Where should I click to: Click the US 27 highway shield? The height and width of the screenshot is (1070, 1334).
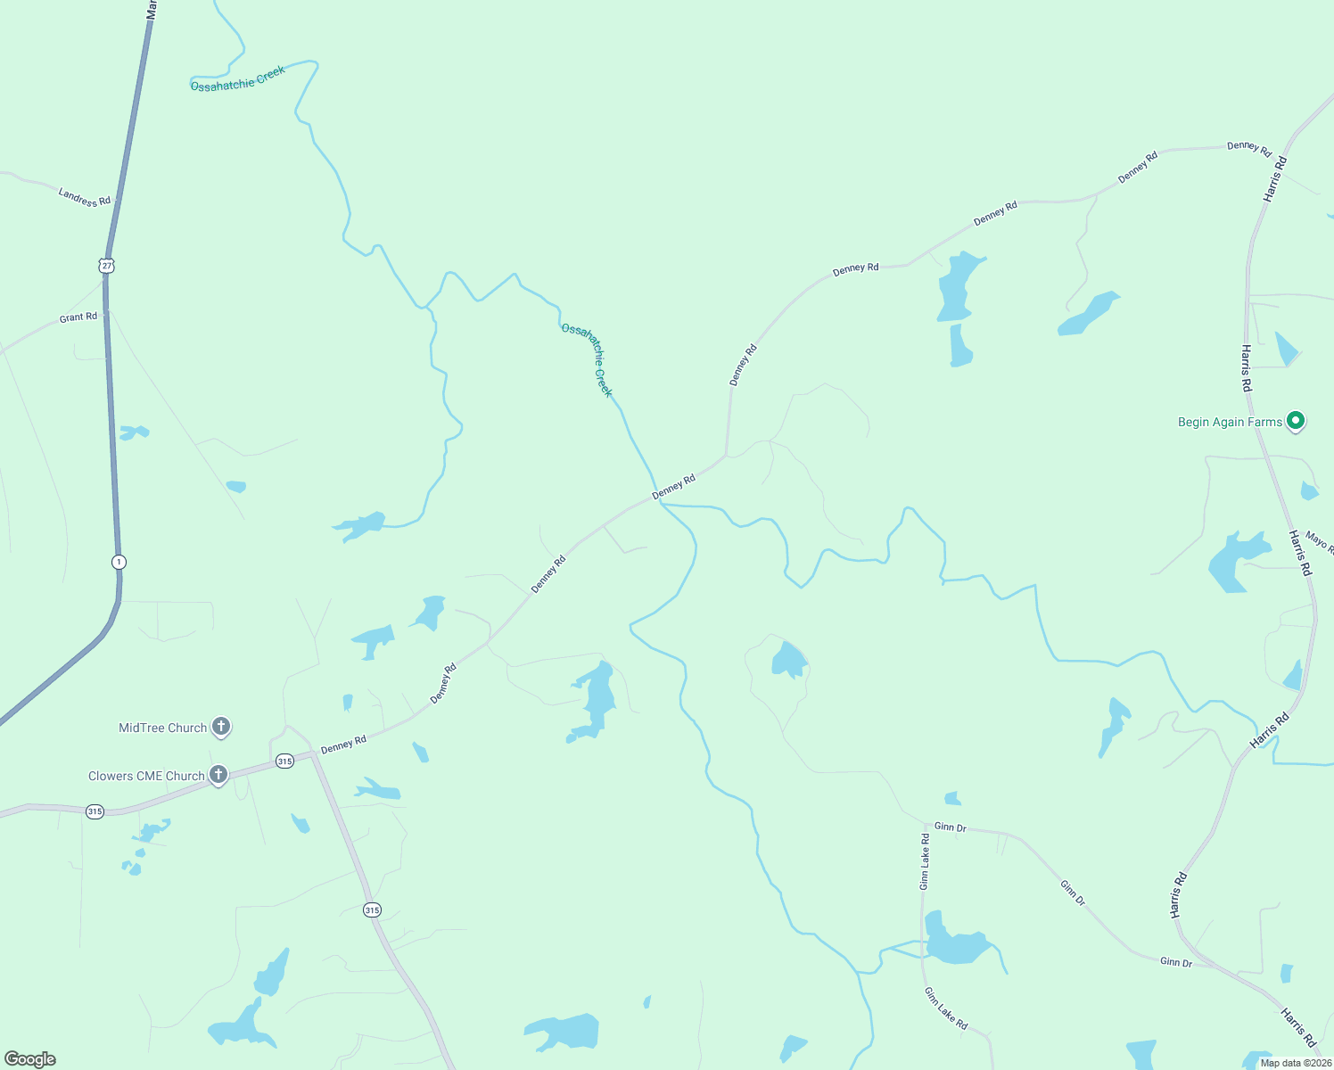coord(107,266)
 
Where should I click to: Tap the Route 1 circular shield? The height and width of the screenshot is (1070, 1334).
coord(119,562)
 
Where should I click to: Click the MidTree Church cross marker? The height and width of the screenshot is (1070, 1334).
coord(221,727)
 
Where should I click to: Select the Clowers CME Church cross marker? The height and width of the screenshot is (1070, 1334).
coord(218,774)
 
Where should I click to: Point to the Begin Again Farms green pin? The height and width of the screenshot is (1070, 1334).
coord(1296,420)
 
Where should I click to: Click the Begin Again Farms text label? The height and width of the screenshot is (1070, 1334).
coord(1230,422)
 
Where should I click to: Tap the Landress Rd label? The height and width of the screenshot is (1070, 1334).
coord(85,197)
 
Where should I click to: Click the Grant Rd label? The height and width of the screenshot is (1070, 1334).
coord(78,317)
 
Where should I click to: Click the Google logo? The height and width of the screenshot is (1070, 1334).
coord(30,1059)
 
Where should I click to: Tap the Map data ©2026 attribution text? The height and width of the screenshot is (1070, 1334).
coord(1295,1063)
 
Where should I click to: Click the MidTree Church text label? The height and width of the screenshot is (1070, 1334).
coord(163,728)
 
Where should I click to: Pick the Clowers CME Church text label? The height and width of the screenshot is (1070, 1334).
coord(146,776)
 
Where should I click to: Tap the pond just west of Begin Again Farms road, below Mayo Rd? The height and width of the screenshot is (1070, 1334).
coord(1237,562)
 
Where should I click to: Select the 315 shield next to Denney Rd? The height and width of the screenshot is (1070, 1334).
coord(284,761)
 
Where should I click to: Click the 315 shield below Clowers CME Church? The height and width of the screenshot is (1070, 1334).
coord(95,811)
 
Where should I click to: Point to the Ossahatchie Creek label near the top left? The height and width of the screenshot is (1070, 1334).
coord(238,78)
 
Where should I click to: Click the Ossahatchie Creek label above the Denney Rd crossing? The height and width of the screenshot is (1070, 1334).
coord(588,359)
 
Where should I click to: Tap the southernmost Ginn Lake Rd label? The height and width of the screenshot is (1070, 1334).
coord(945,1008)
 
